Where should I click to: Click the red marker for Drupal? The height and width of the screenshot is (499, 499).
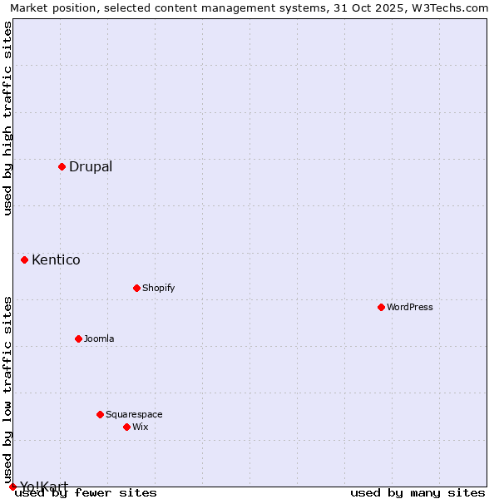pos(62,166)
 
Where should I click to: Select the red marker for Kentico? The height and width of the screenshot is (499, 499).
pos(25,259)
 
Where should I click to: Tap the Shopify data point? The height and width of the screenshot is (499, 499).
pos(136,288)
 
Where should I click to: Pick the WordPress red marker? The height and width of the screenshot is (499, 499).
pos(381,307)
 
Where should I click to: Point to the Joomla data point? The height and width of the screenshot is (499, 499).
pos(78,338)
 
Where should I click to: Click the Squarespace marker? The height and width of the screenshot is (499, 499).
pos(100,414)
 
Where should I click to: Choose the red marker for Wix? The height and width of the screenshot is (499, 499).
pos(126,427)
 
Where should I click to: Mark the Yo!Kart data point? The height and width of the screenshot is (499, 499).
pos(12,487)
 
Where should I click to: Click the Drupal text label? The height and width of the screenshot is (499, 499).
pos(91,166)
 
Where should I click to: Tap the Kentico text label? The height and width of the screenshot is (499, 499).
pos(56,259)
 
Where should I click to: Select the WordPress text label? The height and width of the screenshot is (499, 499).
pos(410,307)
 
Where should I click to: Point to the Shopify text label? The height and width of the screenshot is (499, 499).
pos(159,288)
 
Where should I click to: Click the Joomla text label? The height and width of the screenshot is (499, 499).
pos(99,338)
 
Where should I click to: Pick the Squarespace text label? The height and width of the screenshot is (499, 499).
pos(134,414)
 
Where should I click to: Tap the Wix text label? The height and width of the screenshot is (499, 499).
pos(141,427)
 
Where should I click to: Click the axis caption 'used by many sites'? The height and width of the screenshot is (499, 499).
pos(417,493)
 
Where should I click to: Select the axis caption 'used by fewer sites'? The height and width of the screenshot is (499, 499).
pos(86,493)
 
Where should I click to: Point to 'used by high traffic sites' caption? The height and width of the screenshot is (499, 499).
pos(7,118)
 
